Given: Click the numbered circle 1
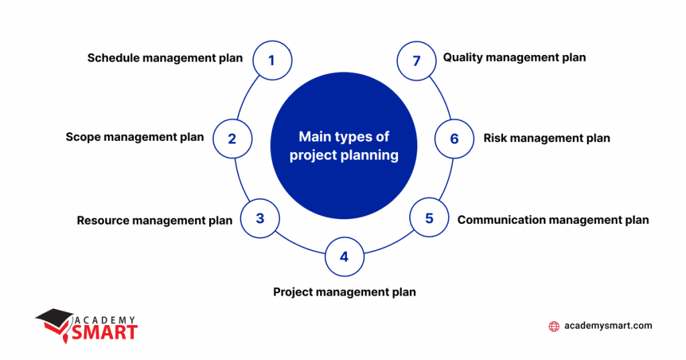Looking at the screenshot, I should (272, 60).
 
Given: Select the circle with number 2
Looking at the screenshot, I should (232, 139).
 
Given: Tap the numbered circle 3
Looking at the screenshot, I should (260, 219).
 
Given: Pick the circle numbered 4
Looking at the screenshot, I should (344, 257).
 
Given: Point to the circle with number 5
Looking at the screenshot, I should (429, 219).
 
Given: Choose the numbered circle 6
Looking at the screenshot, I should (454, 139).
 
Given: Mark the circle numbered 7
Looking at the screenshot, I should (417, 61).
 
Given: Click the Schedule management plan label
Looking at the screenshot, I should (165, 58).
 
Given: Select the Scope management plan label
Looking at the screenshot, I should (135, 137).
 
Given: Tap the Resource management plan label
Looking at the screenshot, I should (155, 220).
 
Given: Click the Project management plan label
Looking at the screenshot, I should (344, 292).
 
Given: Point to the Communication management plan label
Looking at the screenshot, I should (553, 219).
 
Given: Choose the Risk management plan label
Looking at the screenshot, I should (547, 138).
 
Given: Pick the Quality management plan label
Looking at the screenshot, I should (514, 58).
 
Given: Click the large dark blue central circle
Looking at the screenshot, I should (343, 146).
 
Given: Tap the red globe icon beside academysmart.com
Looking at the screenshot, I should (554, 326).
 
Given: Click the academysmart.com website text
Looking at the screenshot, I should (608, 326).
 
